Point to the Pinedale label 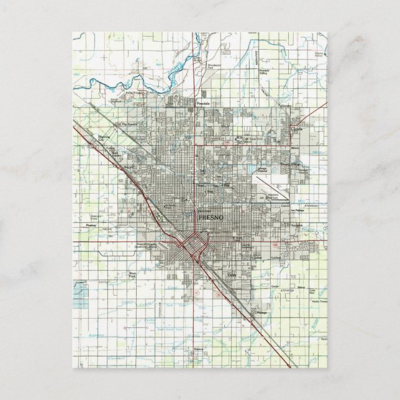coord(204,104)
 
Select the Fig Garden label coord(130,125)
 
